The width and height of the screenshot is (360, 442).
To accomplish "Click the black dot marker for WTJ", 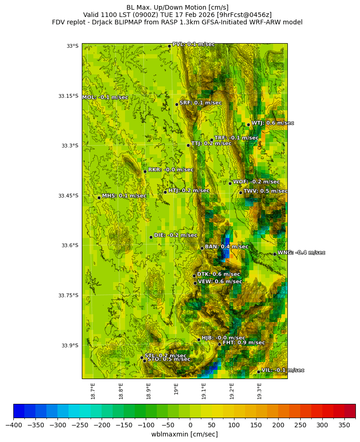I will (x=248, y=125).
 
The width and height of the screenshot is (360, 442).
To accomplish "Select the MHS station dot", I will (x=99, y=198).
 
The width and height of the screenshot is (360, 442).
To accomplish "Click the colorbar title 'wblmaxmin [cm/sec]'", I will (x=184, y=434).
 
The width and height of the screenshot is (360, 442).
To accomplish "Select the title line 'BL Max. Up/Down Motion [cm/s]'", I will (x=177, y=7).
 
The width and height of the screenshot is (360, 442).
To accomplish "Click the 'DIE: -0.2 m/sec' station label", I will (x=176, y=235).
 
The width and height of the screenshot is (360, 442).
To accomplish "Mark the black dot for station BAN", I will (x=202, y=248).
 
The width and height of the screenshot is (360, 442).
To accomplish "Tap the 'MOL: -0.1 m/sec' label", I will (x=105, y=97).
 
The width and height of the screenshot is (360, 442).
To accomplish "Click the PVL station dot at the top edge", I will (x=169, y=46).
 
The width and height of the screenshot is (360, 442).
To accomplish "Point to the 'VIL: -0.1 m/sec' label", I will (x=283, y=370).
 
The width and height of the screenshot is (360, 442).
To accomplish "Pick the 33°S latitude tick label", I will (x=72, y=46).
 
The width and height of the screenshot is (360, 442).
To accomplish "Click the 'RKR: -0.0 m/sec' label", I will (x=171, y=170).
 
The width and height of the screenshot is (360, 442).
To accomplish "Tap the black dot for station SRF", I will (x=177, y=104).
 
